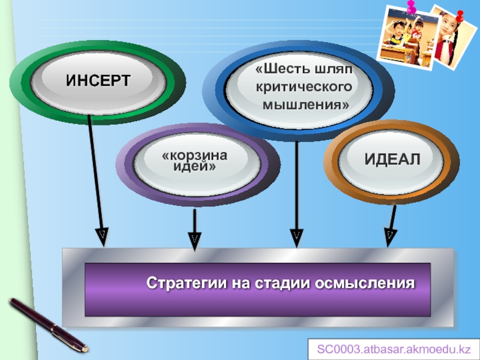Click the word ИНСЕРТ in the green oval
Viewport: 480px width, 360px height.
click(98, 80)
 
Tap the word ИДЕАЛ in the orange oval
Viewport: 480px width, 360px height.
click(392, 159)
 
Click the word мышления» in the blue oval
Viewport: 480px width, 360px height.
click(306, 105)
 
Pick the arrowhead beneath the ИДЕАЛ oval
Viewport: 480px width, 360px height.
click(389, 236)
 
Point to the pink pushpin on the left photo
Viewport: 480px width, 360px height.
click(412, 8)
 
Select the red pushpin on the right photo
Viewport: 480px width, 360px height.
click(459, 16)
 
